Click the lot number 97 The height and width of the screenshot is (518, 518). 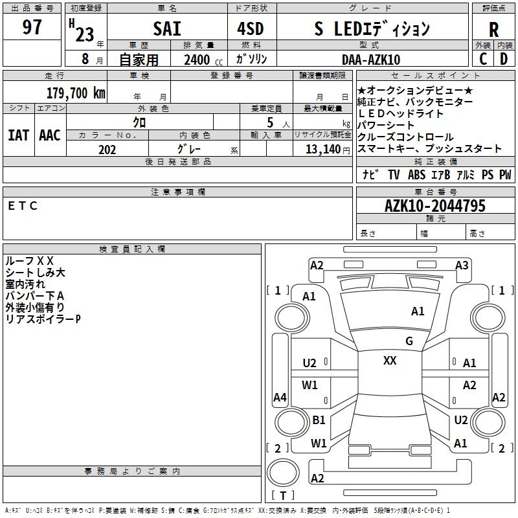coord(32,28)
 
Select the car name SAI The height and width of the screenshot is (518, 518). coord(167,29)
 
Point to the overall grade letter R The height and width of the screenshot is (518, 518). coord(493,29)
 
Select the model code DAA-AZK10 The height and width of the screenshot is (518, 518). coord(371,60)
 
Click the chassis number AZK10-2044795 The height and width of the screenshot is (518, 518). coord(434,206)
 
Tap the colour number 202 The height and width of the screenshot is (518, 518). coord(107,150)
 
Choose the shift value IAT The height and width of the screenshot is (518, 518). coord(18,135)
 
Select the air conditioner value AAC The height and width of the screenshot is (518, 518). coord(49,135)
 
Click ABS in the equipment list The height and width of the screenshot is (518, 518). coord(416,175)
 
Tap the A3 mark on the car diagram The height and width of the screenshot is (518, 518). coord(462,265)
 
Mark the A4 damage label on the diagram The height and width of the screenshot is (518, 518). coord(280,398)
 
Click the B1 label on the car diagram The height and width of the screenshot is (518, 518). coord(319,420)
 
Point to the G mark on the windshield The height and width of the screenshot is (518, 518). coord(409,341)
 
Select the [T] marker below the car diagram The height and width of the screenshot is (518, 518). coord(282,496)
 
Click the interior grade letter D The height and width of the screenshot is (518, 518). coord(503,59)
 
